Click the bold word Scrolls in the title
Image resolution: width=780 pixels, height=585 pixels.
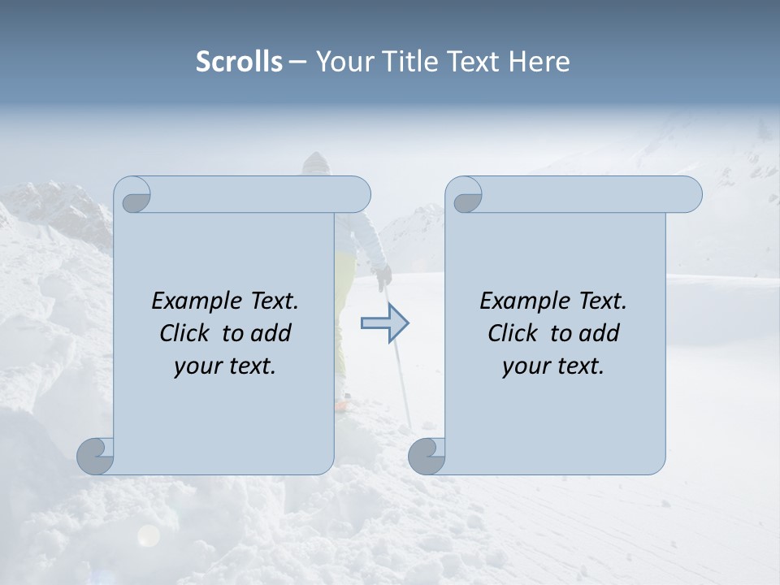pyautogui.click(x=239, y=61)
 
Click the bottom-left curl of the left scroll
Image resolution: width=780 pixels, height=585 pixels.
pyautogui.click(x=96, y=455)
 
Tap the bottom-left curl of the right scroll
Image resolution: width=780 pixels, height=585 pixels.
pyautogui.click(x=427, y=455)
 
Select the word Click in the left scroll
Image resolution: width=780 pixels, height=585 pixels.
pyautogui.click(x=186, y=333)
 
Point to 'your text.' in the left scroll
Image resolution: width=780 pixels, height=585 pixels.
pyautogui.click(x=225, y=366)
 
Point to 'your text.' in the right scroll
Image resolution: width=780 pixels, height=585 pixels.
pyautogui.click(x=553, y=366)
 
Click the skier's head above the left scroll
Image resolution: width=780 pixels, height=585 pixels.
pyautogui.click(x=315, y=162)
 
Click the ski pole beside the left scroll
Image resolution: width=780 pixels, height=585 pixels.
pyautogui.click(x=400, y=366)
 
